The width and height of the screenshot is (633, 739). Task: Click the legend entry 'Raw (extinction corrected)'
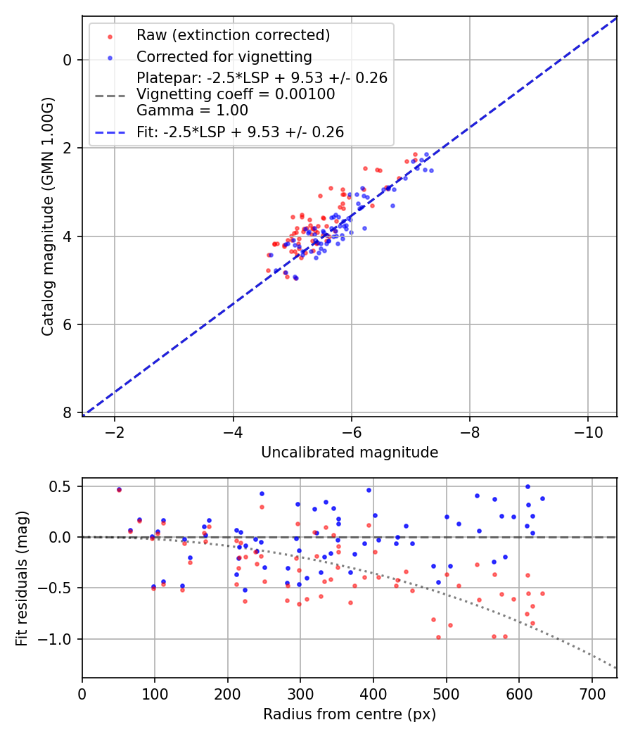point(233,35)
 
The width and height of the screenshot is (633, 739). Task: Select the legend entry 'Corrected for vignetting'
point(224,57)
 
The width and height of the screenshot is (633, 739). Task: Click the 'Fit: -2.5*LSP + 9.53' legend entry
point(240,132)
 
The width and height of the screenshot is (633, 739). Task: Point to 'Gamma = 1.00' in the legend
point(192,110)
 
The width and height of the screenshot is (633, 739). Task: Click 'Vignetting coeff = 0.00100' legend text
point(236,94)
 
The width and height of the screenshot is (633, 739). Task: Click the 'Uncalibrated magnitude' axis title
point(350,453)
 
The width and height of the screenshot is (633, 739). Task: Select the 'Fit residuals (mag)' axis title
point(21,578)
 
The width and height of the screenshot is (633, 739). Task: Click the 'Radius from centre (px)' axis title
point(350,714)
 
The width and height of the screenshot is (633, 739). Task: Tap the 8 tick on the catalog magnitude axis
point(68,413)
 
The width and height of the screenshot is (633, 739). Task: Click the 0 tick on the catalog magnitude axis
point(68,60)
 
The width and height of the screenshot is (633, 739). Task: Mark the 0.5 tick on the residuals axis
point(64,486)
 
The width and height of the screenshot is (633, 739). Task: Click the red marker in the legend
point(110,36)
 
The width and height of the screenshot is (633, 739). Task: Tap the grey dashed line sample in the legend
point(110,94)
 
